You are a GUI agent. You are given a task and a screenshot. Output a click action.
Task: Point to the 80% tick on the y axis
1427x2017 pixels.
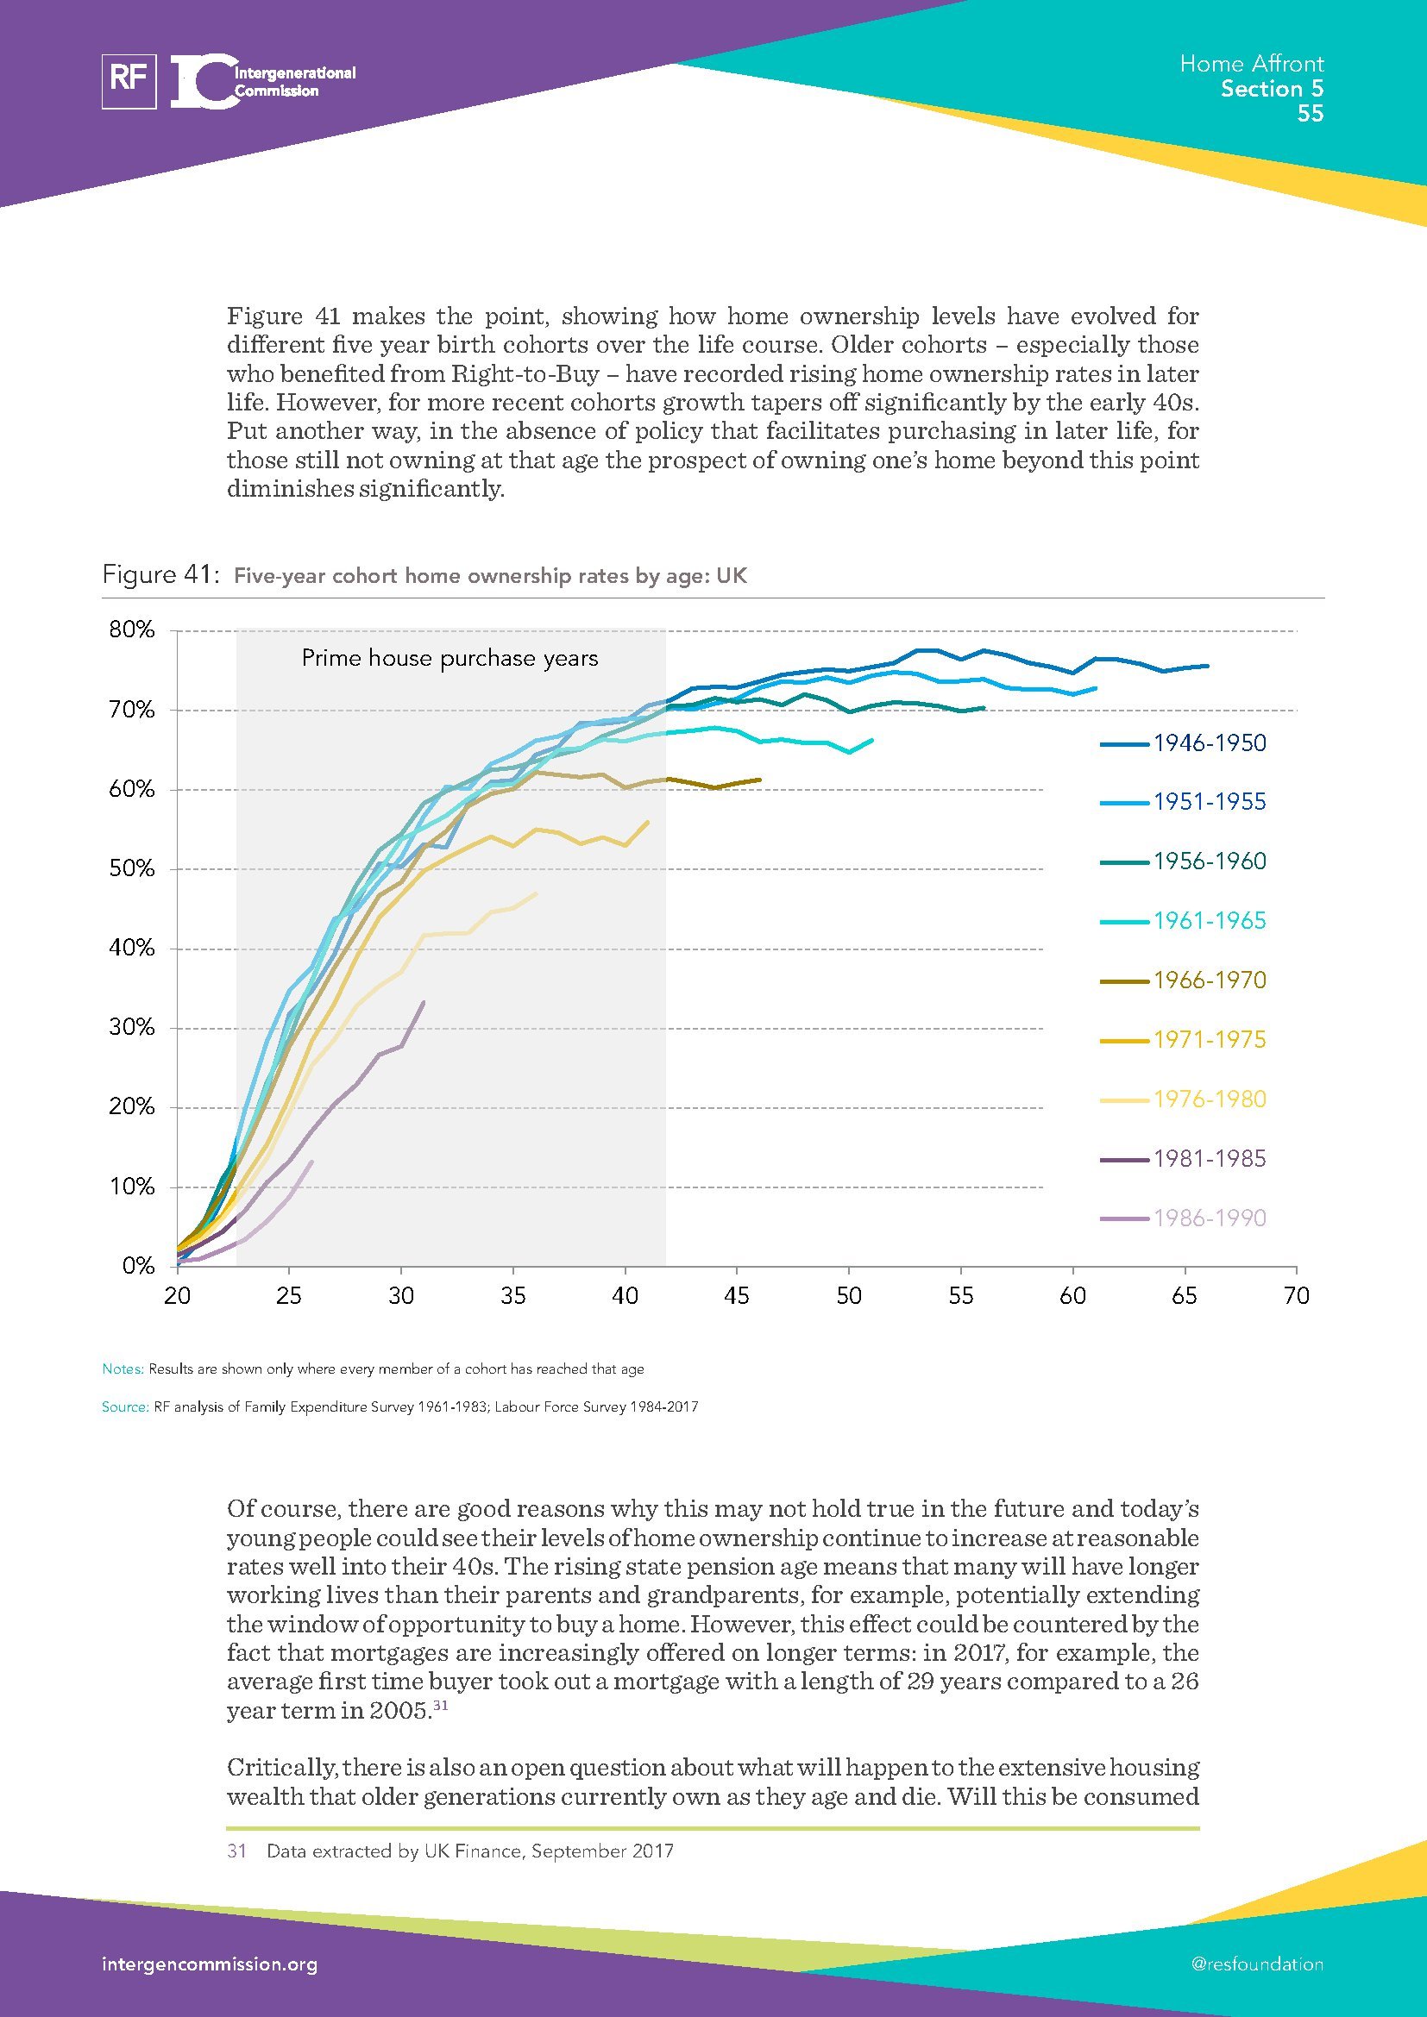point(133,630)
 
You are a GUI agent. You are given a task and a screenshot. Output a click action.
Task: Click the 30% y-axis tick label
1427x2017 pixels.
point(133,1027)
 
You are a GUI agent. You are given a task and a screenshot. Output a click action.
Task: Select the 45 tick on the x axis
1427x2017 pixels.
point(736,1296)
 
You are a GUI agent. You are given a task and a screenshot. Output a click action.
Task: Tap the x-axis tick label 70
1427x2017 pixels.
point(1296,1296)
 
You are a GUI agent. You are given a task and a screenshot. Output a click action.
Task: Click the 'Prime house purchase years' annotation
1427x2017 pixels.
point(449,659)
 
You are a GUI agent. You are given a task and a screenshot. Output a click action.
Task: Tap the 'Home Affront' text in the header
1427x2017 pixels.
point(1250,63)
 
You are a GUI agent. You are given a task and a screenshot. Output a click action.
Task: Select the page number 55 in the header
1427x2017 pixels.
point(1311,113)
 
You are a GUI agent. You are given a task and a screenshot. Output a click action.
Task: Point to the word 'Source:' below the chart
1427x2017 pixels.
point(125,1406)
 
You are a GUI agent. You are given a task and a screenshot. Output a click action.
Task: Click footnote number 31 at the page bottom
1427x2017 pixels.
point(236,1851)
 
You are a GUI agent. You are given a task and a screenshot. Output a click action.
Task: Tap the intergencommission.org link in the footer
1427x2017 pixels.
point(209,1964)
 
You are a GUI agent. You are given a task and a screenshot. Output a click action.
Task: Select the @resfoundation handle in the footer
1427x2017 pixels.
point(1256,1964)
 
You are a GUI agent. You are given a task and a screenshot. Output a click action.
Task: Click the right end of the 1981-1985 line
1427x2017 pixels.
point(424,1001)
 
